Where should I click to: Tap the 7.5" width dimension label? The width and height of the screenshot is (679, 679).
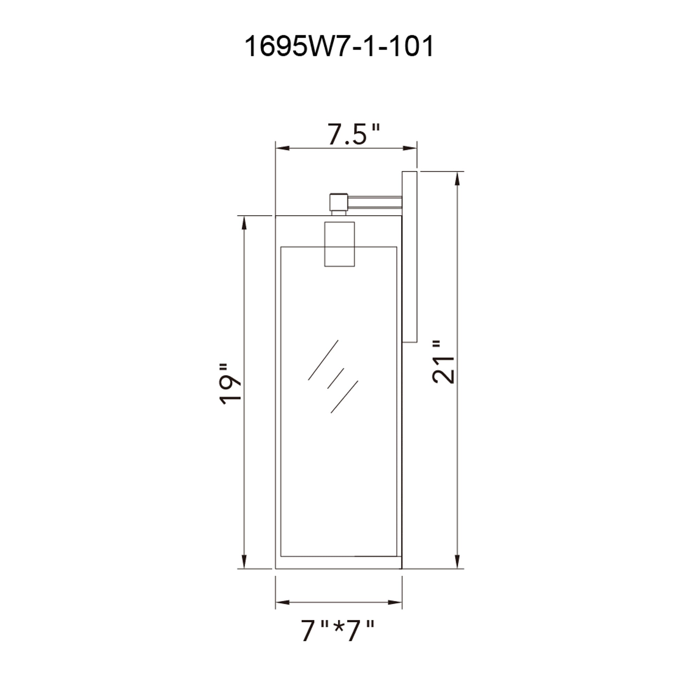(x=353, y=134)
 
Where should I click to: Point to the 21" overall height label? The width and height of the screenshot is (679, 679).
(x=443, y=362)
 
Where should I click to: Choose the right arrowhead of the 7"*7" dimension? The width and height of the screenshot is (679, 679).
(x=395, y=602)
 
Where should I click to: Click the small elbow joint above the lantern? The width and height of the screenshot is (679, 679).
(x=338, y=202)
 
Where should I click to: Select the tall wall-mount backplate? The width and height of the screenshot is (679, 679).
(x=409, y=257)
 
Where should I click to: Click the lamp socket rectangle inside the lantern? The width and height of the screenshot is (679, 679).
(x=339, y=244)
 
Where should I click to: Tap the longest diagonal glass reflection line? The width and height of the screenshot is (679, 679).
(x=323, y=360)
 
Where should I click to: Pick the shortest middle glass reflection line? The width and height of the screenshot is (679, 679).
(x=335, y=379)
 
